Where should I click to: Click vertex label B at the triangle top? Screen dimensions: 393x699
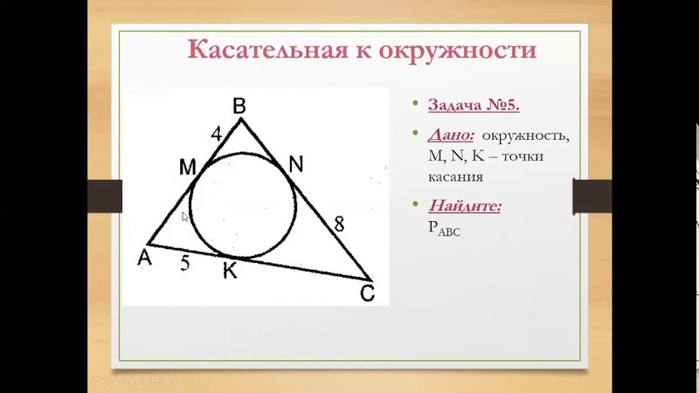[x=239, y=106]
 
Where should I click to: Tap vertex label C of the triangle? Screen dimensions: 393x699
[x=367, y=294]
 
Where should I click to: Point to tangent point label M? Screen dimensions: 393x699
[x=187, y=167]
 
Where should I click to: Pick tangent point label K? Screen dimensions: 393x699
[x=229, y=272]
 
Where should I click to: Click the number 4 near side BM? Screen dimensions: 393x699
[x=217, y=134]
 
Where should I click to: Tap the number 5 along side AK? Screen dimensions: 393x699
[x=185, y=263]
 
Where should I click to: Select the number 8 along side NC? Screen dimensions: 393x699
[x=338, y=224]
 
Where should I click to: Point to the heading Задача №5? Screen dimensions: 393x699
[x=474, y=105]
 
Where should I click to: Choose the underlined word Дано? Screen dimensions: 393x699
[x=452, y=136]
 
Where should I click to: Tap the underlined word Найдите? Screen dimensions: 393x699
[x=465, y=207]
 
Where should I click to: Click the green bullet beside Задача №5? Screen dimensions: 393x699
[x=416, y=105]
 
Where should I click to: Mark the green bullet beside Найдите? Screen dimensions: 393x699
[x=416, y=207]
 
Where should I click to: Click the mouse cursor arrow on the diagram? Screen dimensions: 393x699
[x=184, y=216]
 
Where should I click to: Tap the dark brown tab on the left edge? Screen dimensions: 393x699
[x=107, y=196]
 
